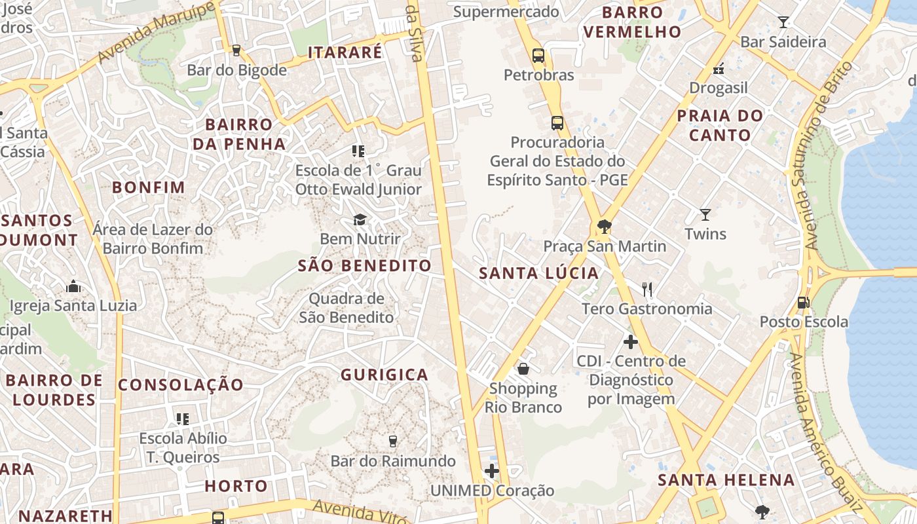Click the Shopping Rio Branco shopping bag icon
pos(523,369)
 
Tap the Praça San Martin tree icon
pos(605,227)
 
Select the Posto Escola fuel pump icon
pos(803,303)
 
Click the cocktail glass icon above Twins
pos(705,214)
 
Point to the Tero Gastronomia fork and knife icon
pos(647,289)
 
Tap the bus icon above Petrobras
pos(538,56)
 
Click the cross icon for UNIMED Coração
pos(492,471)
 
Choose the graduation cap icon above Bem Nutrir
pos(360,219)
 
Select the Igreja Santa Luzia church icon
pos(73,286)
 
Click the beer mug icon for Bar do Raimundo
pos(392,441)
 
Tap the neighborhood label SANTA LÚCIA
pos(539,273)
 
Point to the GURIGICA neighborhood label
pos(384,375)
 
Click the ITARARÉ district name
pos(345,52)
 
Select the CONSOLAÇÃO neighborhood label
pos(181,384)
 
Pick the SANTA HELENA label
pos(726,479)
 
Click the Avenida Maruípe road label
pos(157,33)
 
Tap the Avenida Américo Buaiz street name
pos(825,432)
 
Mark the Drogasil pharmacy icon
pos(719,68)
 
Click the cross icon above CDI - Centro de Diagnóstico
pos(631,341)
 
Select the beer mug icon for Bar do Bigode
pos(236,50)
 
